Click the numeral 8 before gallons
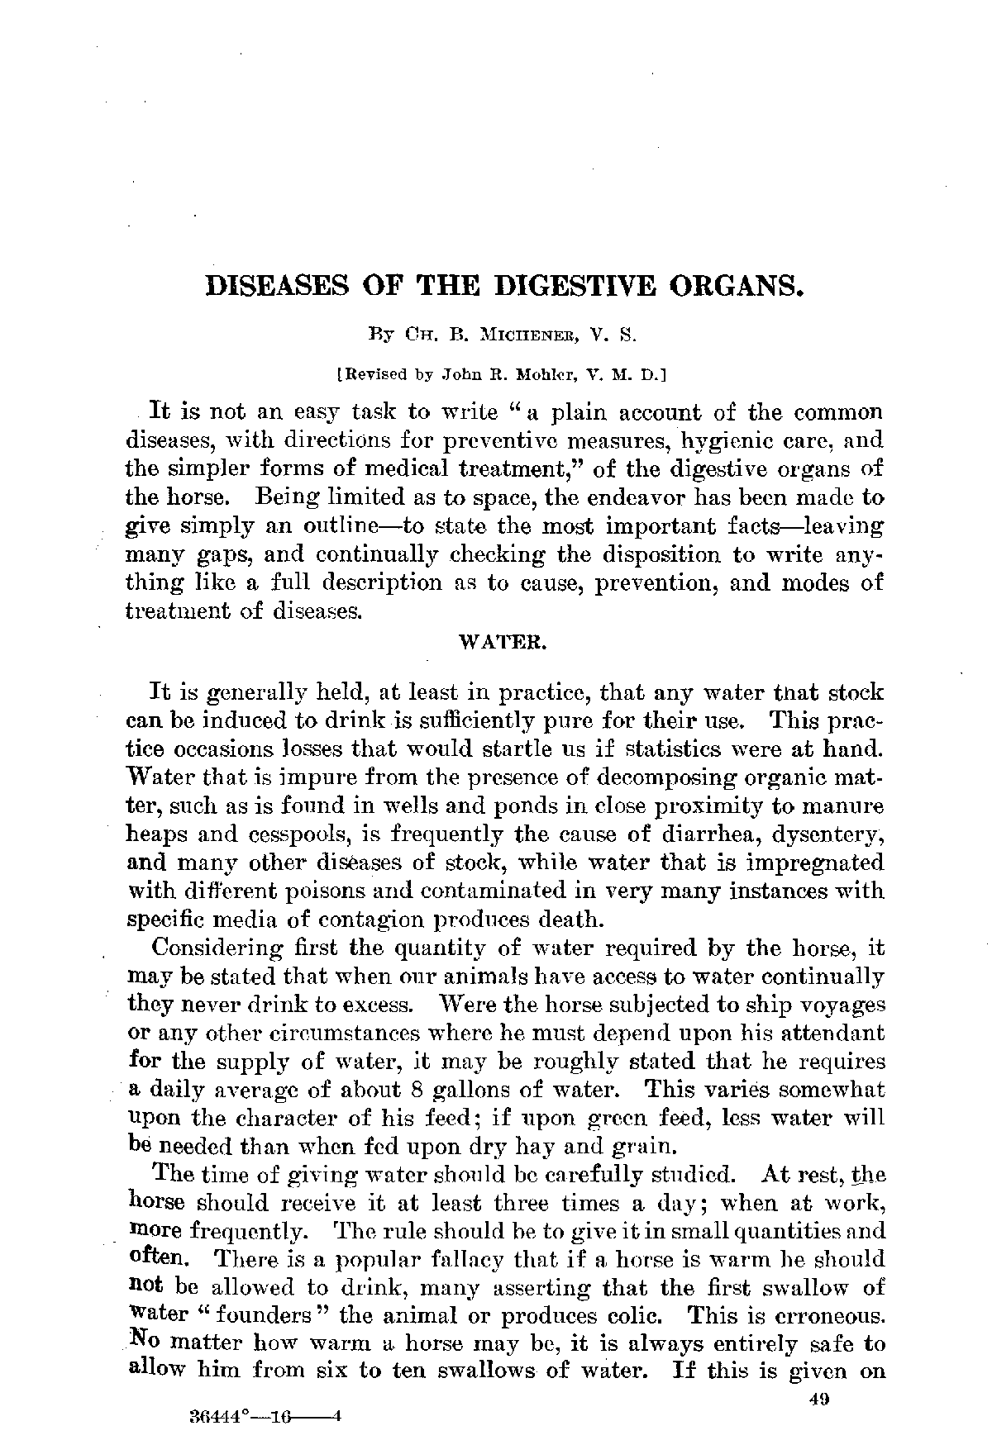point(417,1090)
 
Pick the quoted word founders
point(270,1315)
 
